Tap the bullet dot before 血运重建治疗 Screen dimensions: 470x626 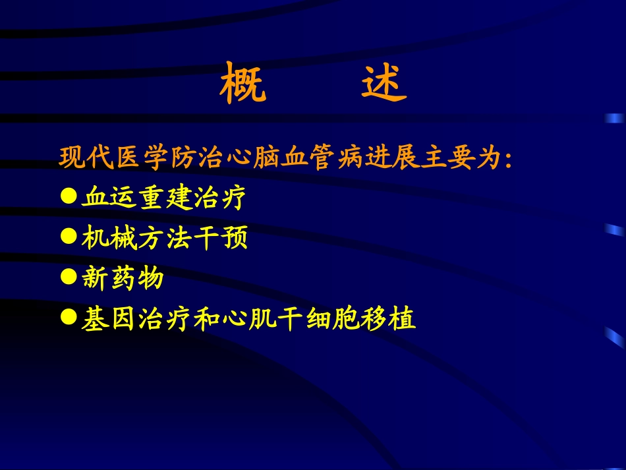(68, 196)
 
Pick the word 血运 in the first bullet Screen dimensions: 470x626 (109, 198)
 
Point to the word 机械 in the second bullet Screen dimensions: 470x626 (109, 239)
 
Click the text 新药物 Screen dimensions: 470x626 (123, 279)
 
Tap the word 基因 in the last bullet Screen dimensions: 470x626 (109, 320)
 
